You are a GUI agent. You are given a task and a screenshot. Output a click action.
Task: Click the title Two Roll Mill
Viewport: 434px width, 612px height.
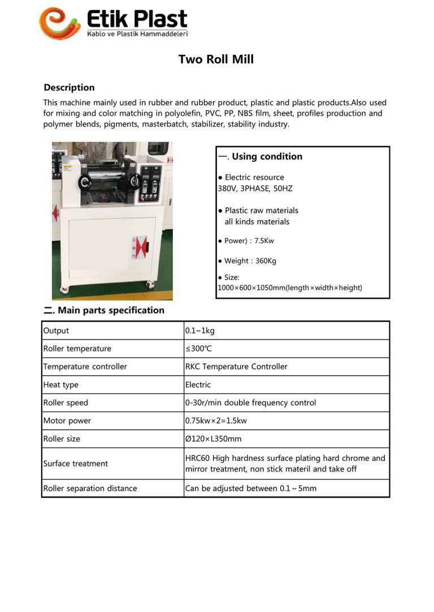click(216, 59)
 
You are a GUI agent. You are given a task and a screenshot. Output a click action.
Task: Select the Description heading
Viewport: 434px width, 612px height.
click(69, 87)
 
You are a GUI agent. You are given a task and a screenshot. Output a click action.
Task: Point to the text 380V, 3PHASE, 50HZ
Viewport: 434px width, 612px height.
click(255, 188)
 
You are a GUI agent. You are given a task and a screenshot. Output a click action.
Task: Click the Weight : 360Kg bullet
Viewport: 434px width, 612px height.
click(247, 261)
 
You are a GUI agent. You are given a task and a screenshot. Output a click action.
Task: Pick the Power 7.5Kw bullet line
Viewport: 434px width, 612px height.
click(246, 241)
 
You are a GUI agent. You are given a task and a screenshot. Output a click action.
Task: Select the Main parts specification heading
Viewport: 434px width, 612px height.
click(104, 310)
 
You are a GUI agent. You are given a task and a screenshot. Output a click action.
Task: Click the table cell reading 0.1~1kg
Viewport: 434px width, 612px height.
click(199, 331)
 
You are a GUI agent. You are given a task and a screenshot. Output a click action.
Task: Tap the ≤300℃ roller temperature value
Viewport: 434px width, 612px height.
click(199, 349)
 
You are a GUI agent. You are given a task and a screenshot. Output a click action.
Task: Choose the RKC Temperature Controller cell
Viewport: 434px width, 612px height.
click(236, 367)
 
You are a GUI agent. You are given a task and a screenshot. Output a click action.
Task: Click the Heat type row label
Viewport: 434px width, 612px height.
click(61, 385)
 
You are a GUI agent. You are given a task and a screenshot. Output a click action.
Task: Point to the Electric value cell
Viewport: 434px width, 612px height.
click(198, 385)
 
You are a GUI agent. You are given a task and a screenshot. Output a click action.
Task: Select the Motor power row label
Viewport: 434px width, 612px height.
click(67, 421)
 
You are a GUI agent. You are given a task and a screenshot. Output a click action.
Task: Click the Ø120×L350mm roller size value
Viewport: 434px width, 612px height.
click(213, 439)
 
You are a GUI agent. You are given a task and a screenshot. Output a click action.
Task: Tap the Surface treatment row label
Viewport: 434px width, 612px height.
click(75, 464)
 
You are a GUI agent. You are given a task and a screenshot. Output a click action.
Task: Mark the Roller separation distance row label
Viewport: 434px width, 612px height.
click(90, 488)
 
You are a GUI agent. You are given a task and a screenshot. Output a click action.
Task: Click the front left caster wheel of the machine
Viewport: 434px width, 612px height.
click(64, 289)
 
